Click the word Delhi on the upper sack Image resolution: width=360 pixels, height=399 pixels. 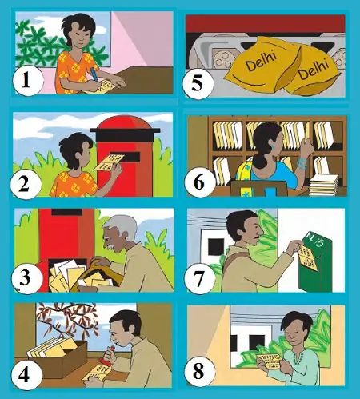(x=261, y=62)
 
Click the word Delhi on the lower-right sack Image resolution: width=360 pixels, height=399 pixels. (x=313, y=70)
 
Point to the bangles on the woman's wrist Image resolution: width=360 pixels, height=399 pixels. (x=302, y=162)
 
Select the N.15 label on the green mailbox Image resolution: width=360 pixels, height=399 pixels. (x=315, y=239)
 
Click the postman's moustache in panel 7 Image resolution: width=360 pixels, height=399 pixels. (x=257, y=237)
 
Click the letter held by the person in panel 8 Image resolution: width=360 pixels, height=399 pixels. (x=269, y=361)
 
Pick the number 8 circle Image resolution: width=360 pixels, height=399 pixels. (x=198, y=370)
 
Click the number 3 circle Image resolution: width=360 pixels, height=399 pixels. (x=26, y=277)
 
